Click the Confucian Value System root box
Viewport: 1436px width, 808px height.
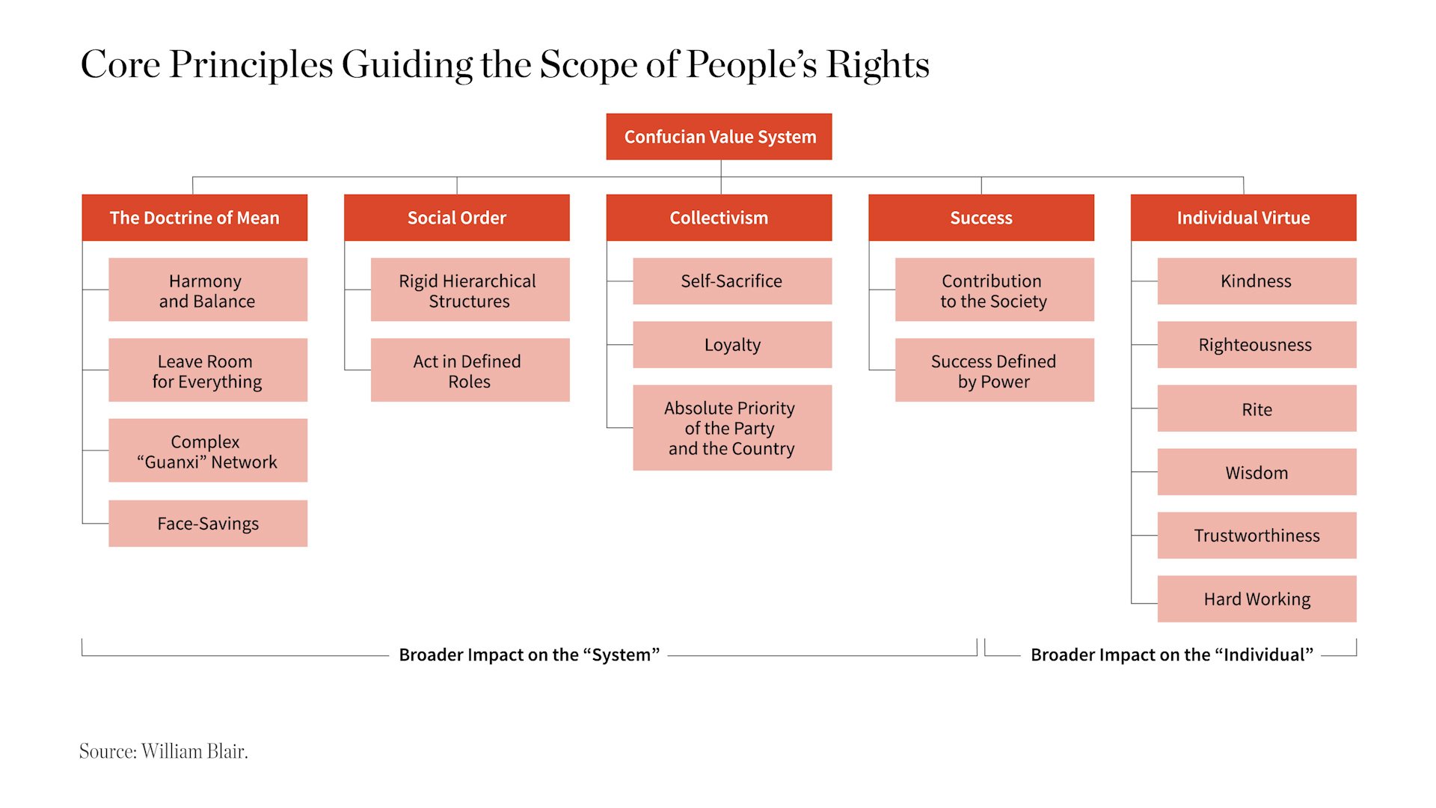click(719, 136)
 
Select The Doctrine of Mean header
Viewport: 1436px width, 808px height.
click(194, 218)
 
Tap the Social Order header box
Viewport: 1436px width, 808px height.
click(457, 218)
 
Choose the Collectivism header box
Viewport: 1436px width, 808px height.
click(719, 218)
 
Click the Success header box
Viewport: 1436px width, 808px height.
click(981, 218)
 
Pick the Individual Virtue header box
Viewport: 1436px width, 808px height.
click(1244, 218)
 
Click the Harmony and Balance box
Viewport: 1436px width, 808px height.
click(208, 290)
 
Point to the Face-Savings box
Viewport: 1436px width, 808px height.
click(208, 524)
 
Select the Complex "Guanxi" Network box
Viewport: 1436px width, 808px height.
click(208, 450)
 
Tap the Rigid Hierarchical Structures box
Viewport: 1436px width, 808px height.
click(470, 290)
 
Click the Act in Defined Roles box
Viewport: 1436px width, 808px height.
click(470, 370)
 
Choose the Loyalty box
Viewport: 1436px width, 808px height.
click(732, 345)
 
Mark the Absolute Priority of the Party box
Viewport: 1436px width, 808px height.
click(732, 428)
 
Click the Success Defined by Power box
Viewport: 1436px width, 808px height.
click(995, 370)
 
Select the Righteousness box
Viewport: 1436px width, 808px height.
click(1257, 345)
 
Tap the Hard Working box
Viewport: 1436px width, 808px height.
click(1257, 599)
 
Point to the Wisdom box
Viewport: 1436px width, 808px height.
click(1257, 472)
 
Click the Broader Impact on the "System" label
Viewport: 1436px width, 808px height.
click(529, 655)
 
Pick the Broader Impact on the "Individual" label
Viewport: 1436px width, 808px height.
click(1172, 655)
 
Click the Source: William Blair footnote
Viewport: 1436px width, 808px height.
click(164, 751)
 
